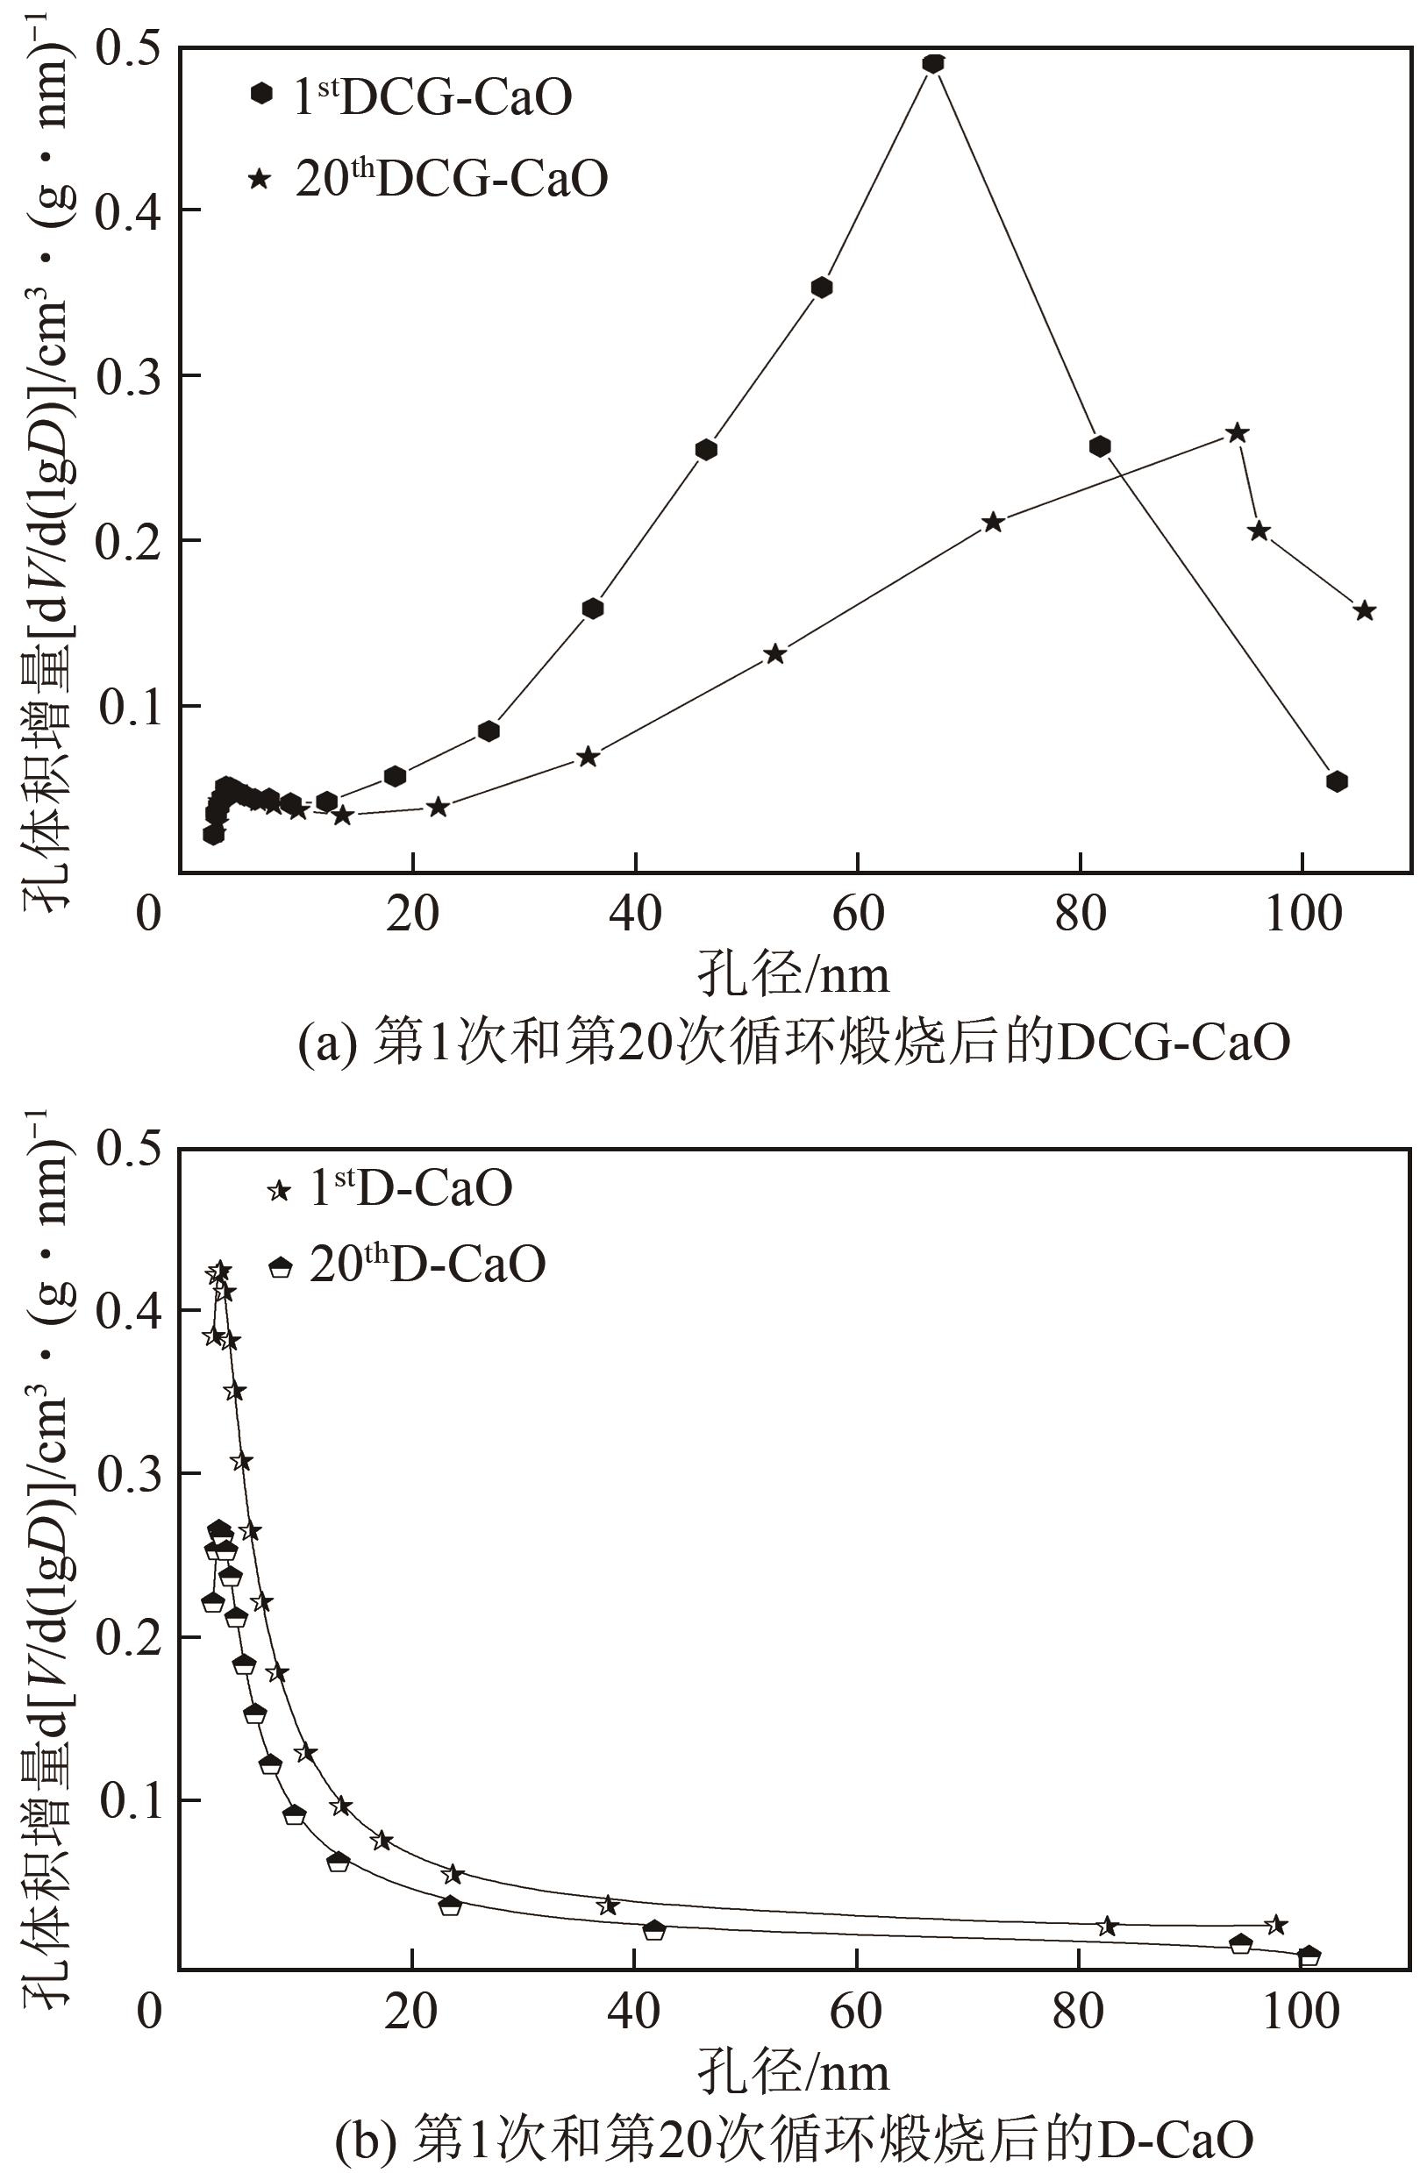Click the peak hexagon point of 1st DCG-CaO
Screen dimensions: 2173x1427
932,64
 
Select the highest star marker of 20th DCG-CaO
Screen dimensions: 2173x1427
1236,433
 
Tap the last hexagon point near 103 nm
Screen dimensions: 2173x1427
1337,780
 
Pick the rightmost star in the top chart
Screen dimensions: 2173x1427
1364,611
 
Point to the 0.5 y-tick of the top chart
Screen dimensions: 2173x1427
128,47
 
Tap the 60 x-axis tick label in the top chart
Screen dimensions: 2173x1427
857,913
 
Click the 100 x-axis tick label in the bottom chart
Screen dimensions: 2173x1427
1301,2012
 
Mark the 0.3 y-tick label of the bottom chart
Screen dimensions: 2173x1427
128,1475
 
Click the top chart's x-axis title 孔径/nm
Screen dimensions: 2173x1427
793,975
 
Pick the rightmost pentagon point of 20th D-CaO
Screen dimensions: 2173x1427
1309,1956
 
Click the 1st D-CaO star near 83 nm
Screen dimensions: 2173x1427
1108,1927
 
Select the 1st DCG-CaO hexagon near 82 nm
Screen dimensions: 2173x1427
1099,446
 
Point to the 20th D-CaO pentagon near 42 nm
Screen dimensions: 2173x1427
653,1929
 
